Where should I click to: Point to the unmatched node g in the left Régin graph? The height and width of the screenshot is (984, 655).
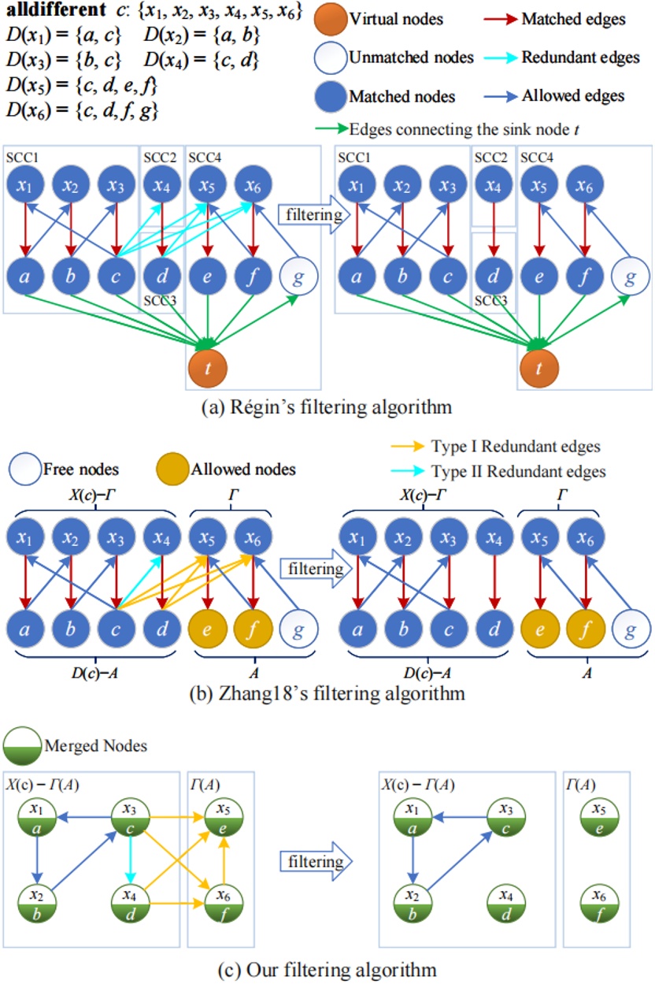[x=298, y=277]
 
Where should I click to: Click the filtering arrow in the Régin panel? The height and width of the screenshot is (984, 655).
[x=303, y=213]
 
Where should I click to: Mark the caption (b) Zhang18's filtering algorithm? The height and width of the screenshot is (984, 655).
[x=327, y=695]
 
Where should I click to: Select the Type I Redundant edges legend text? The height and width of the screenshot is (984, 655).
[x=516, y=447]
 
